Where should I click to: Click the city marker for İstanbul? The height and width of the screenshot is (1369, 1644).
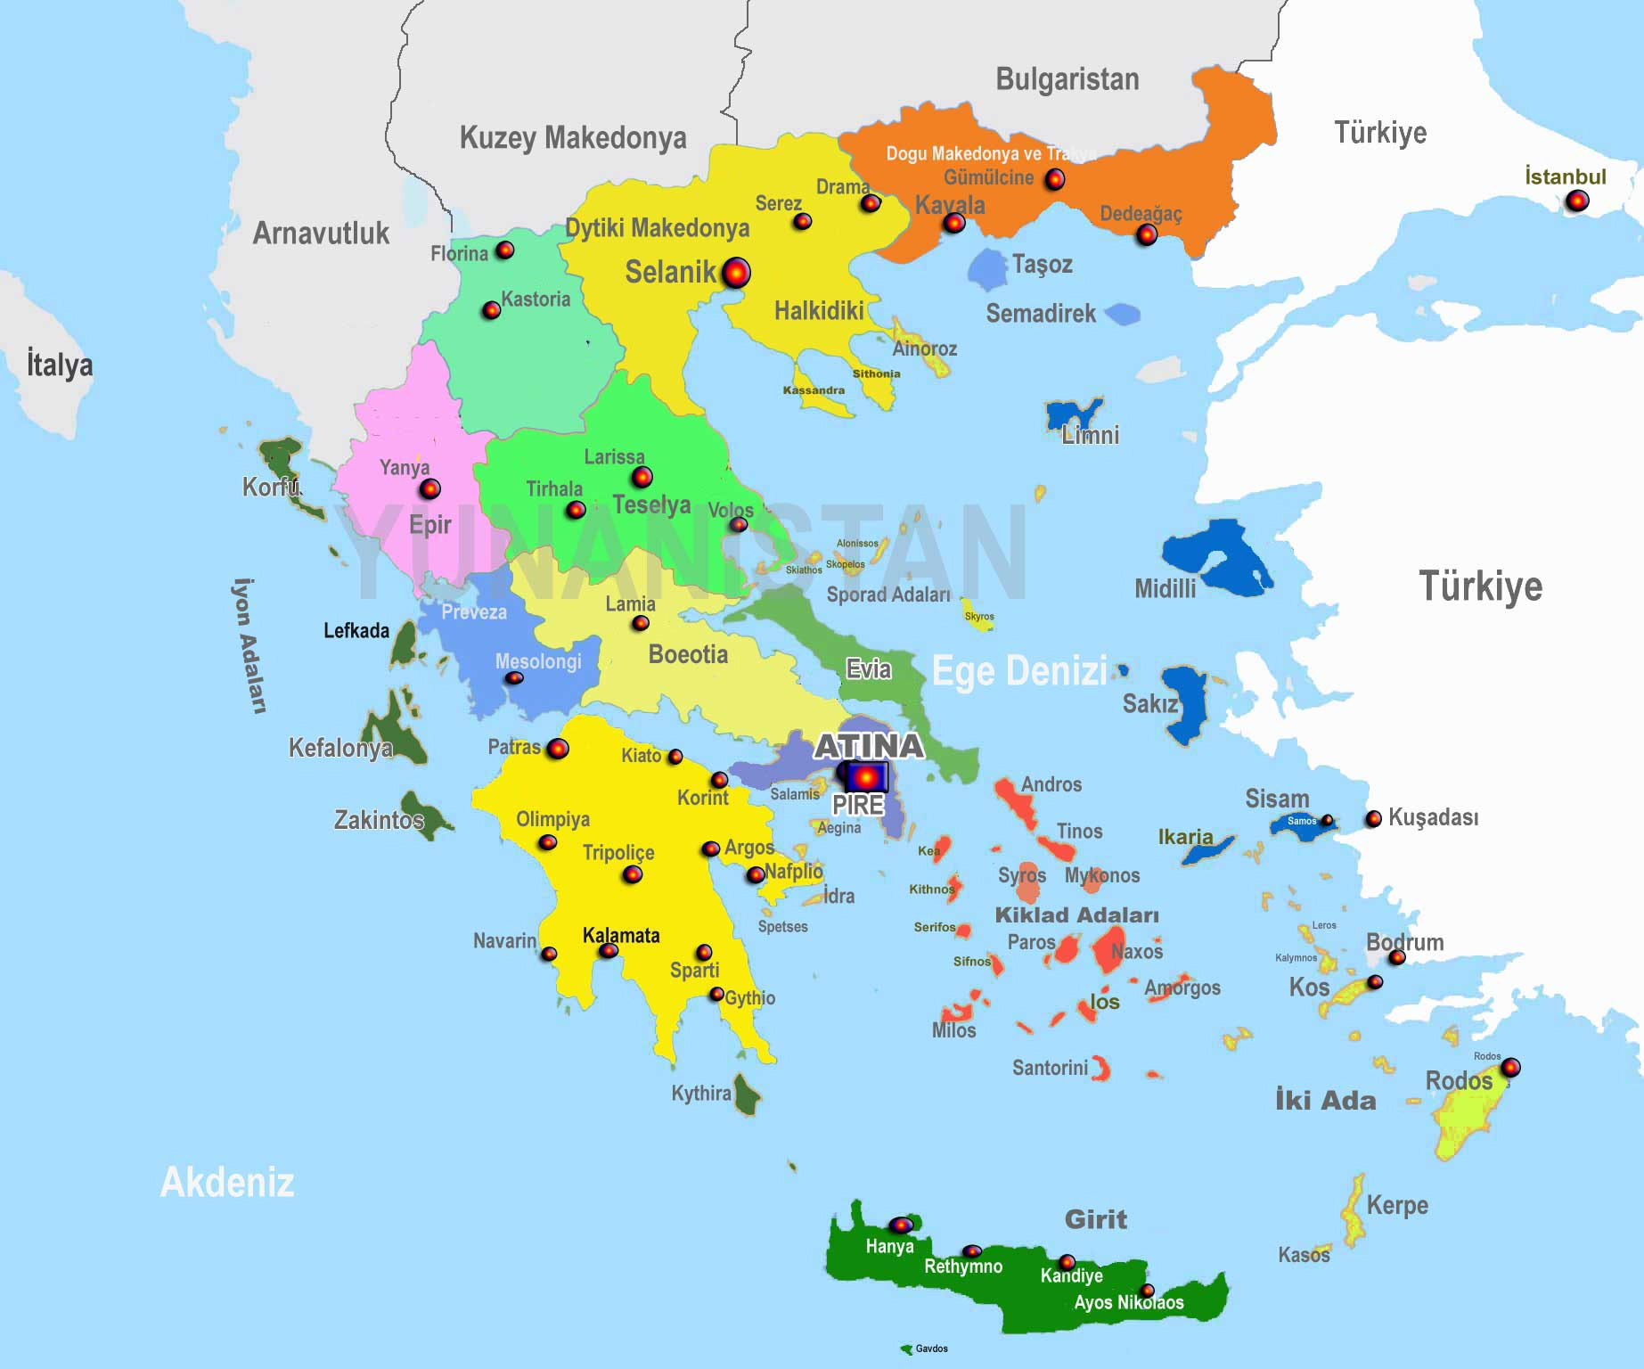click(1577, 201)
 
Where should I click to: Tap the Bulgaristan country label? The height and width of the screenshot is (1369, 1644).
click(1067, 79)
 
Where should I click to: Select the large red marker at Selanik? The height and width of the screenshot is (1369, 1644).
click(735, 273)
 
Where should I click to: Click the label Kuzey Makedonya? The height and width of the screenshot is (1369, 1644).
click(573, 138)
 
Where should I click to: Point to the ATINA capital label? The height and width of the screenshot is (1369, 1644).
click(868, 745)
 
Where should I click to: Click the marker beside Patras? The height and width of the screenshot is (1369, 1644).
click(558, 749)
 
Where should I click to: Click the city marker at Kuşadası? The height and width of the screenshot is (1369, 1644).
click(1374, 818)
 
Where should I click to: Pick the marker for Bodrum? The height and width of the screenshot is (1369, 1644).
click(1397, 957)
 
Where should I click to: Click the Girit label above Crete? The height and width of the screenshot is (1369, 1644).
click(1095, 1219)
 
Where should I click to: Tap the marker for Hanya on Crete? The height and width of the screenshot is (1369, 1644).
click(901, 1226)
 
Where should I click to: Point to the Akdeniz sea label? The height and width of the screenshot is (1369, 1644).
click(227, 1183)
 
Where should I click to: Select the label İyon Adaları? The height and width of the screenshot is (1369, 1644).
click(249, 646)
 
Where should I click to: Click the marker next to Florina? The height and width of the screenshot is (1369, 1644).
click(505, 250)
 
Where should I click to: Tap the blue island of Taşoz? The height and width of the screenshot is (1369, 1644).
click(987, 269)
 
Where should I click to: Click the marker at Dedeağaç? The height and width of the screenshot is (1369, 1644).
click(1147, 235)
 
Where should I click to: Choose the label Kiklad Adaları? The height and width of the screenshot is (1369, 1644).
click(1076, 915)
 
